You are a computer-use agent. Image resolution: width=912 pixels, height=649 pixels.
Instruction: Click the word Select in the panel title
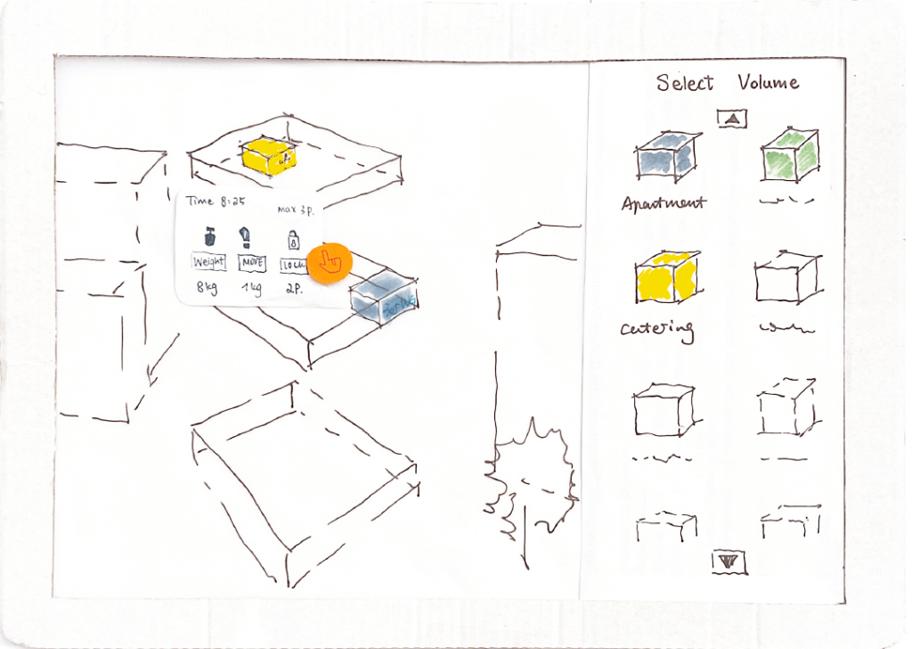coord(685,83)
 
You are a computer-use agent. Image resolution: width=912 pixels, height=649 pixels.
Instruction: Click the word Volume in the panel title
coord(768,83)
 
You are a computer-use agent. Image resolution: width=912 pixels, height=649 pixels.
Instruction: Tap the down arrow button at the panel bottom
coord(729,561)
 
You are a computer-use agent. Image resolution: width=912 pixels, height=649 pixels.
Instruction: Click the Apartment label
coord(664,203)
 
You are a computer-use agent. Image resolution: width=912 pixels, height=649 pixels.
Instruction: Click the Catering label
coord(656,331)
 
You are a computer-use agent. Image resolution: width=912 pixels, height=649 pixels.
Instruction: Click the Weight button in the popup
coord(209,263)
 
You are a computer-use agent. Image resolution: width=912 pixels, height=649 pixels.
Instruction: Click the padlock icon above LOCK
coord(292,239)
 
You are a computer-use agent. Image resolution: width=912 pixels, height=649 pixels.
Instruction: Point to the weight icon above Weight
coord(209,237)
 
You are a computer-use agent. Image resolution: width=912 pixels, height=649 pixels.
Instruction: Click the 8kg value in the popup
coord(208,288)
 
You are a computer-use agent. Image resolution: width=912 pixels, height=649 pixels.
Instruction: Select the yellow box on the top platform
coord(268,157)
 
